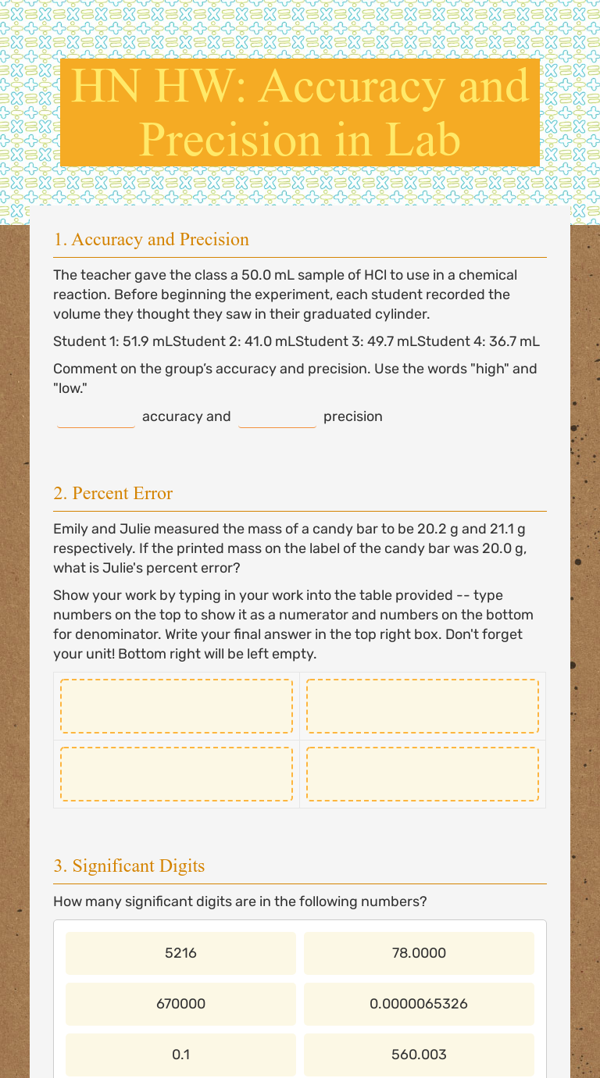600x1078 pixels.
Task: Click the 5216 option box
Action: (180, 953)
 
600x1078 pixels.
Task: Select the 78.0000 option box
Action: (419, 953)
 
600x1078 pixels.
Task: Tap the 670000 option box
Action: (180, 1004)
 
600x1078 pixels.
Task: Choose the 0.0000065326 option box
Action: (419, 1004)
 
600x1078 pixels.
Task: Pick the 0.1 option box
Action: (180, 1055)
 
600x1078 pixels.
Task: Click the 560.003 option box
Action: (419, 1055)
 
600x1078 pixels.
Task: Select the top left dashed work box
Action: (177, 706)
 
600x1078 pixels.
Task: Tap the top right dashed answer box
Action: (423, 706)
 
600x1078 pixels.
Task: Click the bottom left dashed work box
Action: (177, 774)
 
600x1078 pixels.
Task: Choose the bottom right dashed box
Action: (423, 774)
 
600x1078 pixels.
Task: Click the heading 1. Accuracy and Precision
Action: (152, 239)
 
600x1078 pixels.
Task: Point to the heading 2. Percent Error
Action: (113, 493)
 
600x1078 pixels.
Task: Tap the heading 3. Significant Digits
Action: (129, 866)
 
